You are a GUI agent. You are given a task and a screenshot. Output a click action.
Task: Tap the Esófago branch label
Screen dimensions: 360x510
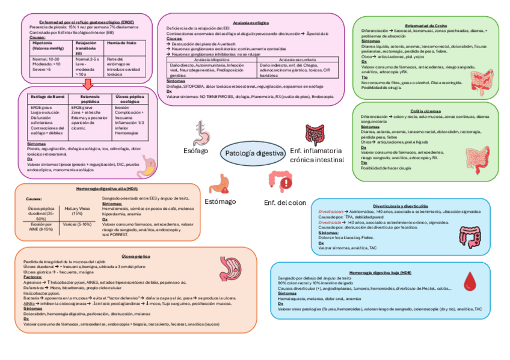tap(195, 151)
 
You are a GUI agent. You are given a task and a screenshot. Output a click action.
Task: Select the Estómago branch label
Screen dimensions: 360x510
tap(221, 201)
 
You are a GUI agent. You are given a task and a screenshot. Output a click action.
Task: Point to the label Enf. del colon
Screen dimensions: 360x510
tap(285, 203)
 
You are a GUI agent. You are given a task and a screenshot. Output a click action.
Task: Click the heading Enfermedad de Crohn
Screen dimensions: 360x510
tap(426, 25)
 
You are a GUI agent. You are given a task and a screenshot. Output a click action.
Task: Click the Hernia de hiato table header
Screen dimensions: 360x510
tap(118, 43)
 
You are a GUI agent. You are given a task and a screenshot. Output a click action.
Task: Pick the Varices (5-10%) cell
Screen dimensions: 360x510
tap(77, 224)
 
